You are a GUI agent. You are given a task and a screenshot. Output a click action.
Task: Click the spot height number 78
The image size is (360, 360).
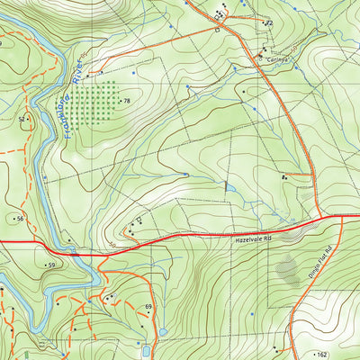[127, 102]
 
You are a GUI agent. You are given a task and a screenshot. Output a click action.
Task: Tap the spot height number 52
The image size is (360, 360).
[22, 119]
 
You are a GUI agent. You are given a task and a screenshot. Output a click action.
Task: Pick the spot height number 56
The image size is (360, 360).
[19, 219]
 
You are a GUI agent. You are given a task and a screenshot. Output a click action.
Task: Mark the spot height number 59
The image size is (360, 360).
[52, 265]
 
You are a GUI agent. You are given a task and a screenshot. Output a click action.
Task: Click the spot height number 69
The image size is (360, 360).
[148, 308]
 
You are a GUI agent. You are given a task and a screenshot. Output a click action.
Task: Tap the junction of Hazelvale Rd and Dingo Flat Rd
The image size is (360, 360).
[321, 217]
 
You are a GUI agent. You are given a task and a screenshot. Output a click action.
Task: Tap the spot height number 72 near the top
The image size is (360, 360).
[268, 22]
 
